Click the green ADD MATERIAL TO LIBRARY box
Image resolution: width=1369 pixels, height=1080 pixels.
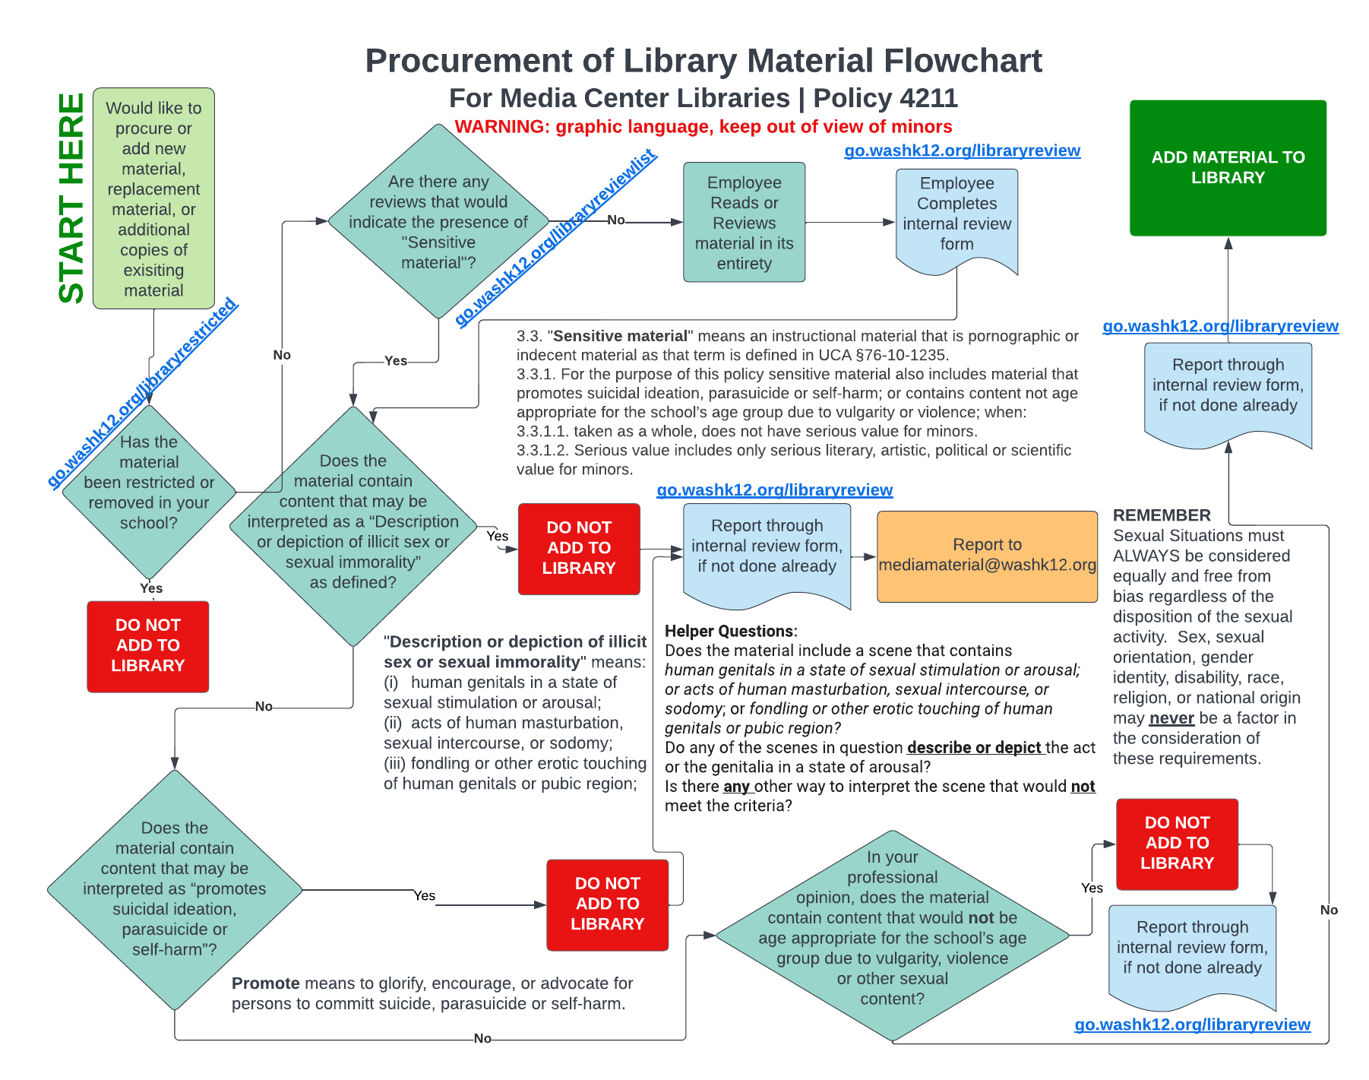click(x=1227, y=167)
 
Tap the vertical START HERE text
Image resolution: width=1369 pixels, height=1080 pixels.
click(x=71, y=198)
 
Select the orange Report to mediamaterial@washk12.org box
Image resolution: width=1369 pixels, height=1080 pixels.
click(x=986, y=556)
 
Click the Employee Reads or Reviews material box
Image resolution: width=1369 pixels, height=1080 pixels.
click(x=744, y=222)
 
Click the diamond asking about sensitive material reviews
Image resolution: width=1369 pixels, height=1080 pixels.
click(x=438, y=221)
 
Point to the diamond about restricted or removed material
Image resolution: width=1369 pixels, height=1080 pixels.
click(x=149, y=491)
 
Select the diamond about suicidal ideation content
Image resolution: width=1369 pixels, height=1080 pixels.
click(x=175, y=888)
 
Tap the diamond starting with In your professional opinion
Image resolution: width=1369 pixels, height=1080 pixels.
click(x=892, y=935)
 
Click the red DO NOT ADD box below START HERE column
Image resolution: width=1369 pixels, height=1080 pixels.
click(x=147, y=645)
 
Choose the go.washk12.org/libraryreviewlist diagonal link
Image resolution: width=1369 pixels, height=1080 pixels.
click(x=556, y=239)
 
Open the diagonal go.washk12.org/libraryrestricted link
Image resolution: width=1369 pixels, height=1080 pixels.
click(x=143, y=392)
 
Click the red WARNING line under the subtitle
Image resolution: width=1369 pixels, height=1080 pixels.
click(x=703, y=127)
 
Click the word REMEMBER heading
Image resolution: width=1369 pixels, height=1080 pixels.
click(x=1162, y=515)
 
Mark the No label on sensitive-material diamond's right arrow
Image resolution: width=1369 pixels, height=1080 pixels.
click(x=615, y=220)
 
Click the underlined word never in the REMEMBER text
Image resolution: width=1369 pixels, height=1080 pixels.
click(x=1171, y=718)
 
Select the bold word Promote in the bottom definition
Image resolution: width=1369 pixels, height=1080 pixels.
click(x=265, y=983)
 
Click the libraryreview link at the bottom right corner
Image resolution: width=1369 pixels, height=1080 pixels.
click(x=1192, y=1025)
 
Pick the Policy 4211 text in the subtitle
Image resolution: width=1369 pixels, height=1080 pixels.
click(x=885, y=98)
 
